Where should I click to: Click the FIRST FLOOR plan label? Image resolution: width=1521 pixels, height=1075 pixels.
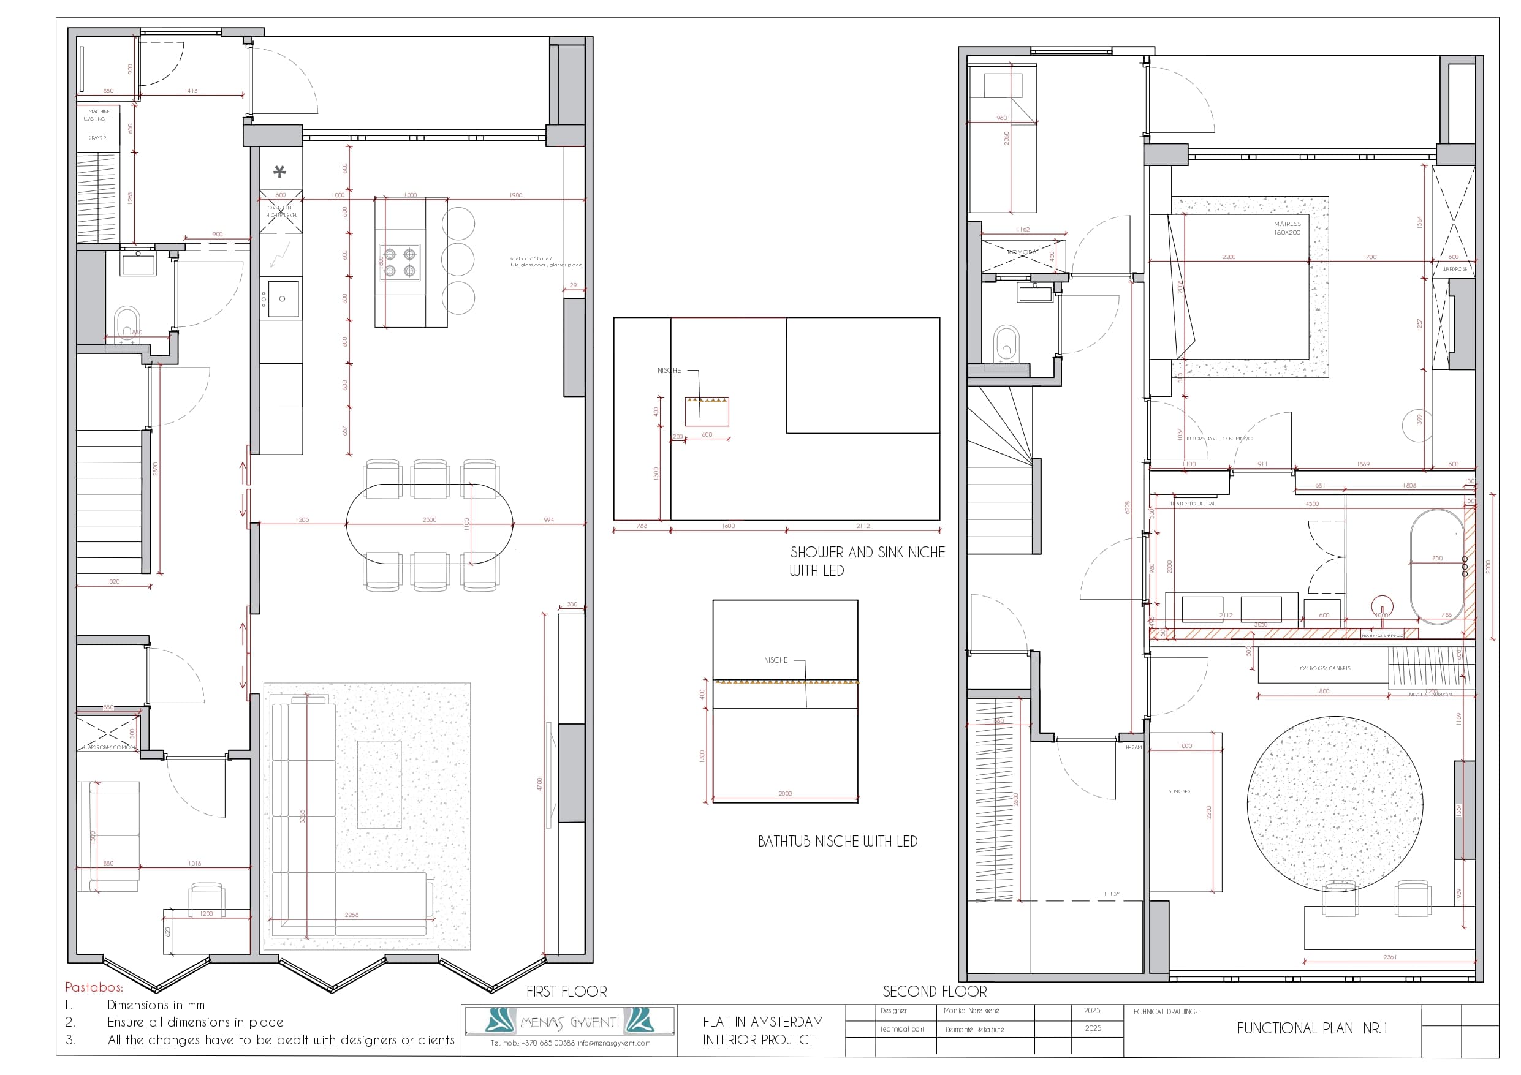566,991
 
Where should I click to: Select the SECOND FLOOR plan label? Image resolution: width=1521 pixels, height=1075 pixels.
934,991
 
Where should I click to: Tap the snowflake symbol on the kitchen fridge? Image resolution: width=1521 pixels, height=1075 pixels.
279,172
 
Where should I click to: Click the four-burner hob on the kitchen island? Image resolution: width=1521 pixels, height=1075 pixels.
400,262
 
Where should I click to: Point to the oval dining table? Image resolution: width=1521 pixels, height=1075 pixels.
429,524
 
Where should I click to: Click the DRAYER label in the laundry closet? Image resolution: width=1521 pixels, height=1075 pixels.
97,138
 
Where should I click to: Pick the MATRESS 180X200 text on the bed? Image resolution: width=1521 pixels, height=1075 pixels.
1287,228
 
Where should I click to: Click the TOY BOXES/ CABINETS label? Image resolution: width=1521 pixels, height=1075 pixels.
1324,668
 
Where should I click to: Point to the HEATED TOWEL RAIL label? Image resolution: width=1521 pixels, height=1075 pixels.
1193,504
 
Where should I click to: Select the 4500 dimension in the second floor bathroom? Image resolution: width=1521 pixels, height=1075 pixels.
1311,504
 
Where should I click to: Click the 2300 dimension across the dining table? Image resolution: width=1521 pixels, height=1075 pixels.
429,519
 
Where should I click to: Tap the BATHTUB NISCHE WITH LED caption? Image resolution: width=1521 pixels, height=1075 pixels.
837,841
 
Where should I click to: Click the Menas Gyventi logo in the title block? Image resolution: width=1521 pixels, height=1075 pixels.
569,1020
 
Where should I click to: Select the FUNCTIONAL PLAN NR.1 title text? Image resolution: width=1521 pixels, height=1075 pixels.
1311,1028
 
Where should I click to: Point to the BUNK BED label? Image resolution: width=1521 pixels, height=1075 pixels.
1178,791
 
